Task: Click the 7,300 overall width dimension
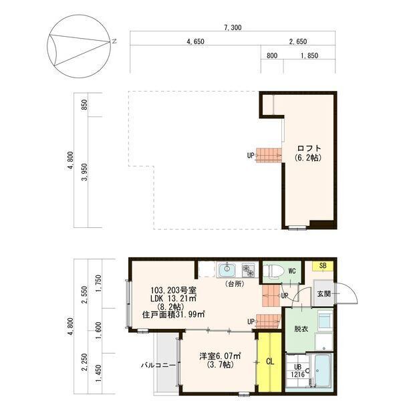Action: (233, 27)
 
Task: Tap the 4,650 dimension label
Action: (196, 41)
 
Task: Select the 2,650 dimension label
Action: (298, 41)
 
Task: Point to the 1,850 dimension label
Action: (309, 55)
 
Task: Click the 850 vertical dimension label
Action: (84, 105)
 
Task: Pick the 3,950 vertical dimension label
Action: (84, 172)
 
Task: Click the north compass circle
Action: (79, 46)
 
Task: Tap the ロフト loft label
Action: (309, 148)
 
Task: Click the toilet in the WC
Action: (273, 271)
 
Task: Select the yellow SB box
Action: (323, 266)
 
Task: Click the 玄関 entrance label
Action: (324, 293)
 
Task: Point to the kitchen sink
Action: (227, 270)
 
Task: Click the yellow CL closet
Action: (270, 362)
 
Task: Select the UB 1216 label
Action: (297, 370)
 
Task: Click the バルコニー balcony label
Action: (158, 365)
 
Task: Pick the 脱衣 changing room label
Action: (301, 329)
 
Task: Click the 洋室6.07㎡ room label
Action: (220, 356)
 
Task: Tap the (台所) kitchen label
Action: (235, 283)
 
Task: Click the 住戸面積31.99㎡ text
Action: (174, 314)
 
